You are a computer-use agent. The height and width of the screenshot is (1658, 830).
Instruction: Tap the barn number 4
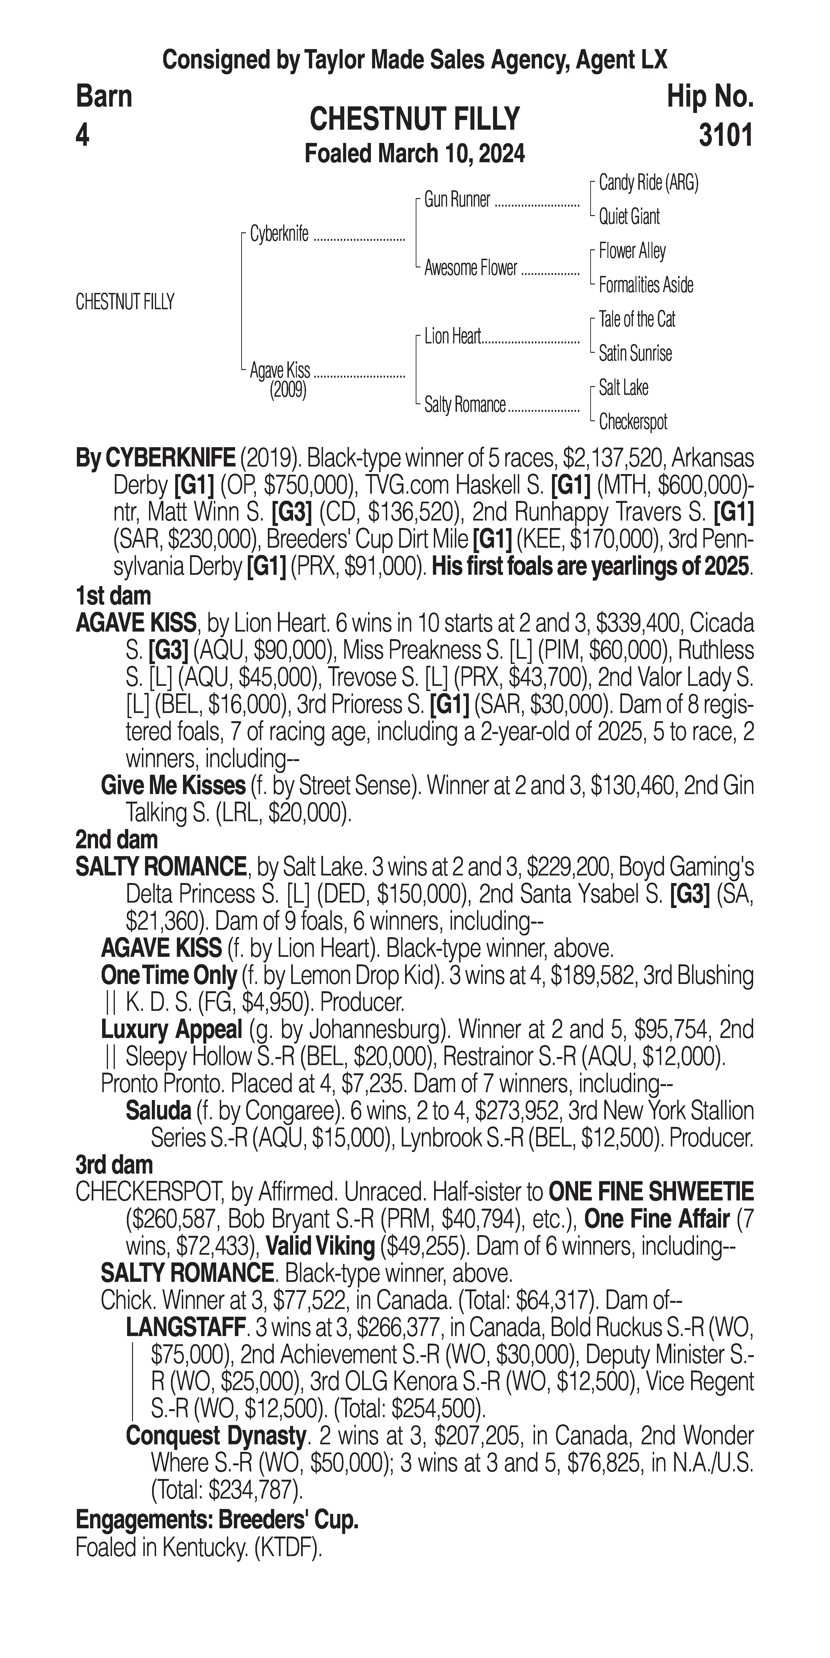82,135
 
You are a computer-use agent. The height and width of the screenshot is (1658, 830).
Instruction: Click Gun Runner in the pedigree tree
457,200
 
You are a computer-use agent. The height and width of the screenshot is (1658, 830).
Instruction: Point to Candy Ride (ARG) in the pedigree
648,183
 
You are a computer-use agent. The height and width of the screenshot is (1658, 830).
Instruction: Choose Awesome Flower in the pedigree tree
470,268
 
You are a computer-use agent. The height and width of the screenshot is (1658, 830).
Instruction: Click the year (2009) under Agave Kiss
288,390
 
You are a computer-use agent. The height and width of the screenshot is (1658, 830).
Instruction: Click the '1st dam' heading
113,596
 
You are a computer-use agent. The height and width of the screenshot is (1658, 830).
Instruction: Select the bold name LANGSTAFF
185,1327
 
